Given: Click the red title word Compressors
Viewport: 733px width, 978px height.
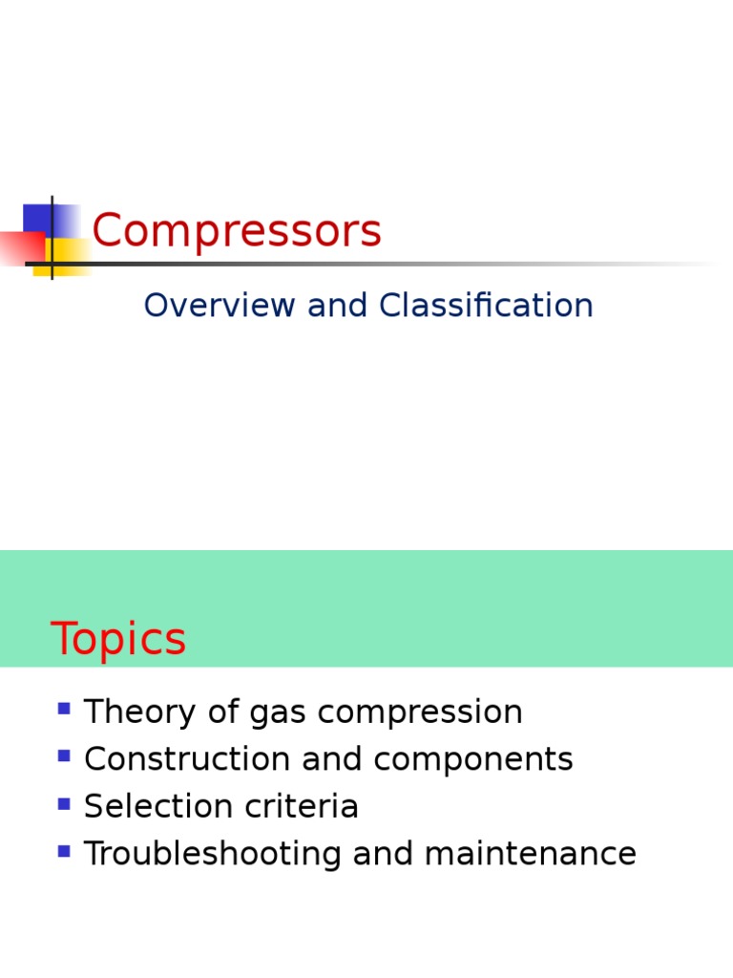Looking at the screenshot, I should pyautogui.click(x=237, y=231).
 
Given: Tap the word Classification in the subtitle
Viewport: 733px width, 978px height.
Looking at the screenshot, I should pyautogui.click(x=486, y=306).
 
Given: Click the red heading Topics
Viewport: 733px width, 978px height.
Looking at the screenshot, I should pyautogui.click(x=118, y=640).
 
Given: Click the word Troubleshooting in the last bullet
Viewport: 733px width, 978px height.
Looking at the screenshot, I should pyautogui.click(x=213, y=854).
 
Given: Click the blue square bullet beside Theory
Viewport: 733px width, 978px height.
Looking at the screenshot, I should pyautogui.click(x=64, y=709).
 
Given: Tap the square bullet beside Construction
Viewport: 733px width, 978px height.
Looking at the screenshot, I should pyautogui.click(x=64, y=756).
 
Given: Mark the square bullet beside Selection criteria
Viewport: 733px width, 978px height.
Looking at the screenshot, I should pyautogui.click(x=64, y=803).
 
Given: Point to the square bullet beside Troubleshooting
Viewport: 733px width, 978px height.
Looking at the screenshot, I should pyautogui.click(x=64, y=851).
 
